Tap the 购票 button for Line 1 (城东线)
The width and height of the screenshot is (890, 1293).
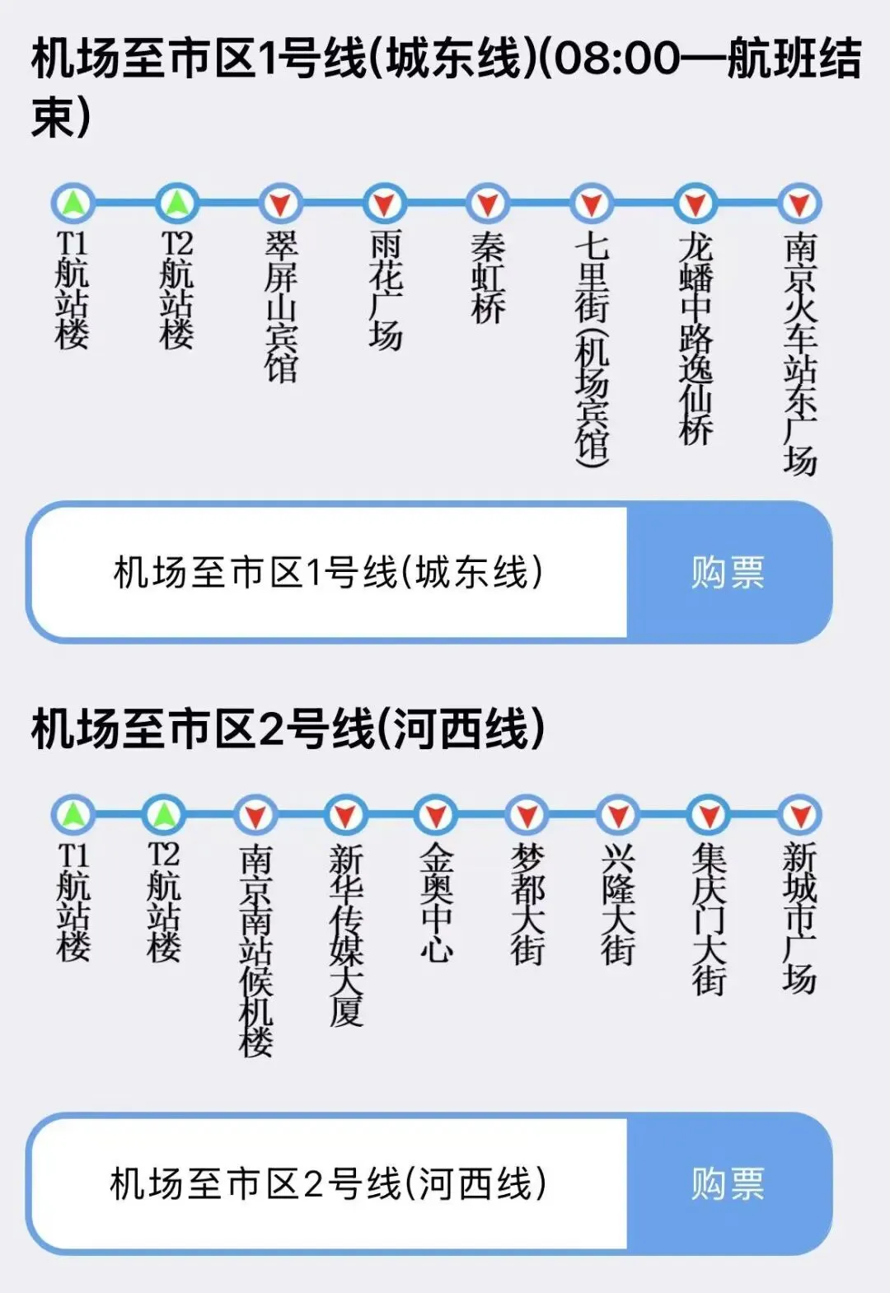tap(728, 572)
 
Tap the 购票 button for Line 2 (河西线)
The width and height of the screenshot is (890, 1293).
tap(728, 1183)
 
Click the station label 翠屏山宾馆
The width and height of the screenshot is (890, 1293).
tap(281, 307)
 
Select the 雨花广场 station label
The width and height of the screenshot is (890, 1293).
tap(385, 290)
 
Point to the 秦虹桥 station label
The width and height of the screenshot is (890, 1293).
tap(488, 279)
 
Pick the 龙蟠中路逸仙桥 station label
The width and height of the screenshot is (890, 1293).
tap(696, 338)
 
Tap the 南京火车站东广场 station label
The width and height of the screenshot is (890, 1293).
tap(799, 354)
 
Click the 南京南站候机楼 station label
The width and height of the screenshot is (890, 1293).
tap(255, 949)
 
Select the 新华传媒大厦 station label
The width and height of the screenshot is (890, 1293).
tap(346, 935)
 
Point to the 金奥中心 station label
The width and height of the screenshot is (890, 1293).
tap(437, 903)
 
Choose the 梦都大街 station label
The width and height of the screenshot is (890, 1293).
tap(527, 903)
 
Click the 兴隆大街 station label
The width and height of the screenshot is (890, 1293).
tap(618, 903)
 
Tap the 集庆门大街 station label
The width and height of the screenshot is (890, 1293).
tap(709, 919)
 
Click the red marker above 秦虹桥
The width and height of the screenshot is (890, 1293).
tap(488, 204)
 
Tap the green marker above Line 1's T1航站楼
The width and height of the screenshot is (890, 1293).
tap(73, 204)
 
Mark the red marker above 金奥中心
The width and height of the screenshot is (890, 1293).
tap(437, 815)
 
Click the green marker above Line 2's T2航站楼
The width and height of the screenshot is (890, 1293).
tap(164, 815)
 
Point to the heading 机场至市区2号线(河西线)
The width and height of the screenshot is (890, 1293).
tap(288, 729)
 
